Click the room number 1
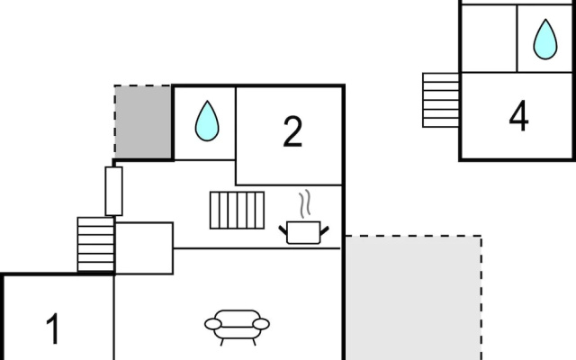tap(53, 328)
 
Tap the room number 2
tap(292, 131)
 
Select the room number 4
tap(518, 116)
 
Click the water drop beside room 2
tap(207, 121)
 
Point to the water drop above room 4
tap(545, 40)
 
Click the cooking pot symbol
tap(303, 232)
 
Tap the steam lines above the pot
tap(305, 203)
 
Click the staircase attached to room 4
tap(441, 100)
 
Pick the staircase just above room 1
tap(96, 244)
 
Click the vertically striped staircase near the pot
tap(237, 210)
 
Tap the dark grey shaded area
tap(143, 122)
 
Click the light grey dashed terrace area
tap(413, 298)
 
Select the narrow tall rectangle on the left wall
tap(114, 191)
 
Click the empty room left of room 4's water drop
tap(489, 39)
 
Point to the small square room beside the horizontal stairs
tap(144, 248)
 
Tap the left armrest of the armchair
tap(213, 324)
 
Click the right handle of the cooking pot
tap(324, 231)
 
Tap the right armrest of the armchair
tap(261, 324)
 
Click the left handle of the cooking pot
tap(283, 230)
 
